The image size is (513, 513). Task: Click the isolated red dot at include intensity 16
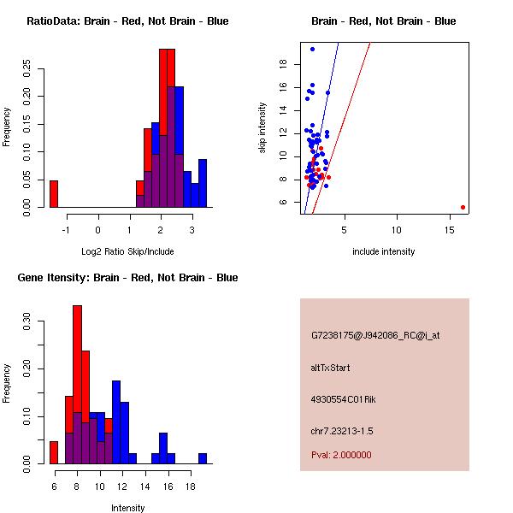pos(463,207)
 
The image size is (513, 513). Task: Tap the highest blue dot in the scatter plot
pos(312,49)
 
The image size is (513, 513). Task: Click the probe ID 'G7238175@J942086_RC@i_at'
pos(375,335)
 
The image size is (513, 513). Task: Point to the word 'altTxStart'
pos(330,368)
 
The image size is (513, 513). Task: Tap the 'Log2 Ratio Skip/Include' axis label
pos(127,251)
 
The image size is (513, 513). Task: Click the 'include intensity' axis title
pos(384,251)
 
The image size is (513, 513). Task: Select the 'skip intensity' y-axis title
pos(262,128)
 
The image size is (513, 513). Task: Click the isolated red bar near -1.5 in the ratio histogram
pos(54,194)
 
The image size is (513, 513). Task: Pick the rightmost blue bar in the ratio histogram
pos(203,183)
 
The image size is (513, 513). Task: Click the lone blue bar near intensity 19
pos(203,458)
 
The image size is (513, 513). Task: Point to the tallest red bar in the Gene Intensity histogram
pos(77,384)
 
